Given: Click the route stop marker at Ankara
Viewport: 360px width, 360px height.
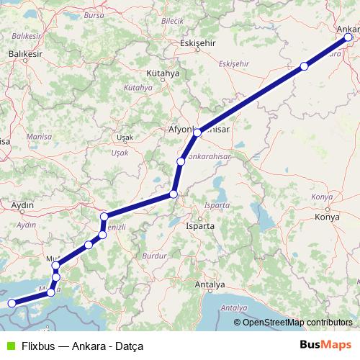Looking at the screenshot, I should tap(349, 37).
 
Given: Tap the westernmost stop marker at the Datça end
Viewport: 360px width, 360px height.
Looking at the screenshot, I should tap(11, 304).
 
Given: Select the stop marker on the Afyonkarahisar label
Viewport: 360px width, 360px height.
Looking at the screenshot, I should tap(197, 133).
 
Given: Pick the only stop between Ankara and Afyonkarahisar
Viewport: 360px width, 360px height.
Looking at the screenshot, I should tap(304, 66).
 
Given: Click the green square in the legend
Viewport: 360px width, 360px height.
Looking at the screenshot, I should tap(9, 346).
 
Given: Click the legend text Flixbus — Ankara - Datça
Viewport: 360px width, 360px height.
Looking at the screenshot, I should tap(82, 346).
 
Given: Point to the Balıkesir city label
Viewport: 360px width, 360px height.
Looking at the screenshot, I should tap(26, 54).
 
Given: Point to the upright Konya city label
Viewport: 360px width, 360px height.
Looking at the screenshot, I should tap(327, 217).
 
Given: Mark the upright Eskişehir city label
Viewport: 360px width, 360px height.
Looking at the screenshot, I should tap(199, 42).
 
